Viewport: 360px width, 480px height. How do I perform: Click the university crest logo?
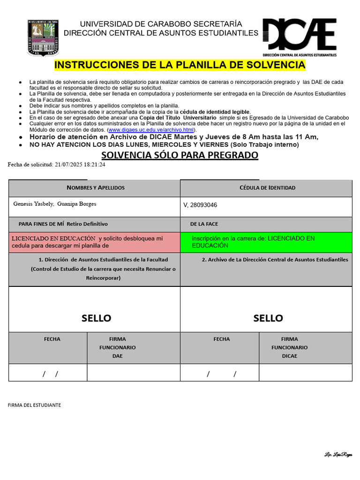(43, 38)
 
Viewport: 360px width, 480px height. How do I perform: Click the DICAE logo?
(300, 37)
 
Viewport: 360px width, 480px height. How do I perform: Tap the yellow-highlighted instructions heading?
(180, 65)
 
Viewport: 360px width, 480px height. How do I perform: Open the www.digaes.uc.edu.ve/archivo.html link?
(151, 130)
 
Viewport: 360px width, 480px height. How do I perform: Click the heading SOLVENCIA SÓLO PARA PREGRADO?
(180, 155)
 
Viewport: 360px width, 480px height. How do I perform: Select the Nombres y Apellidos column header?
(95, 188)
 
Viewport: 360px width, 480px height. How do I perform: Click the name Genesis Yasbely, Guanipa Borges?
(55, 204)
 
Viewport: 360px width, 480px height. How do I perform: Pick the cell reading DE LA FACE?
(204, 224)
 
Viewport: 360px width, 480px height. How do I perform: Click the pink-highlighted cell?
(94, 242)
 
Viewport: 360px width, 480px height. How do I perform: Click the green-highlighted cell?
(266, 242)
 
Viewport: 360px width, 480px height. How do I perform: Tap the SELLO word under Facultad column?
(96, 318)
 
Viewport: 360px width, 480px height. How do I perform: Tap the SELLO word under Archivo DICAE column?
(268, 318)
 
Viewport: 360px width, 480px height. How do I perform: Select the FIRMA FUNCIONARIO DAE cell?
(117, 347)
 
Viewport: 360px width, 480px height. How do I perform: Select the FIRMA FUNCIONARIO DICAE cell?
(289, 347)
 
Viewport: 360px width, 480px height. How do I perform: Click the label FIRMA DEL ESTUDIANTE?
(34, 405)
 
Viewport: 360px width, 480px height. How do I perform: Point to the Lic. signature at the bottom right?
(338, 455)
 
